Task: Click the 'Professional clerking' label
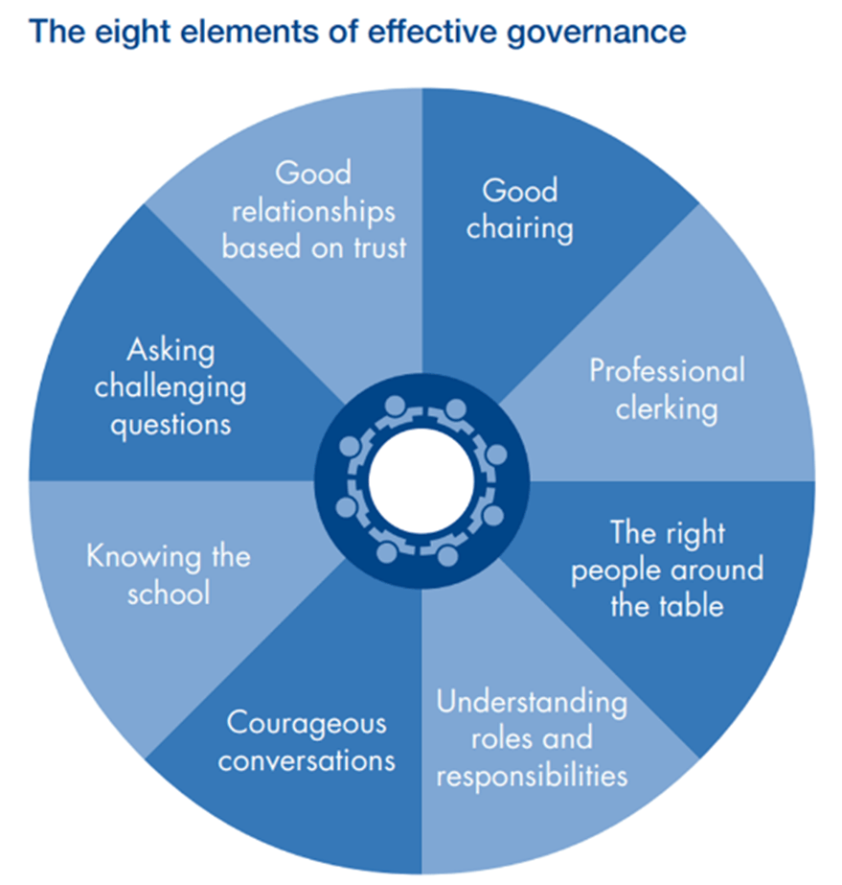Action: tap(667, 389)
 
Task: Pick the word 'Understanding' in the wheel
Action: tap(532, 703)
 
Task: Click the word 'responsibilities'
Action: tap(532, 774)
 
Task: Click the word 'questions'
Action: tap(170, 423)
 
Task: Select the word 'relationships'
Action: tap(313, 210)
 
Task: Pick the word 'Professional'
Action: tap(667, 371)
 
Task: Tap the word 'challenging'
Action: tap(170, 387)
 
